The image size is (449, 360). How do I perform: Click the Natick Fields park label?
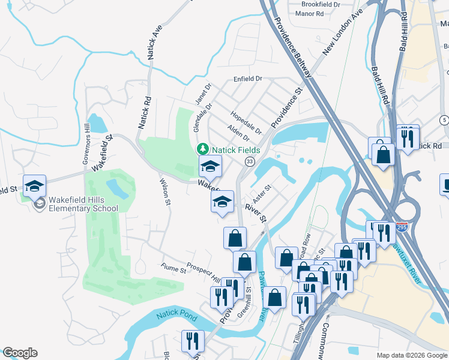pos(235,149)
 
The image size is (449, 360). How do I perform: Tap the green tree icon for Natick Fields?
pos(203,149)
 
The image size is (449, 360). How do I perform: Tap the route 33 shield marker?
pos(249,161)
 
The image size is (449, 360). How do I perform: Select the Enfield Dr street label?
pos(247,79)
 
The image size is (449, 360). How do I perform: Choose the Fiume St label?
pos(173,269)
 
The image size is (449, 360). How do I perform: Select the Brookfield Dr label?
pos(321,4)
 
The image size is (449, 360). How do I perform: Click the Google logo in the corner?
pos(19,353)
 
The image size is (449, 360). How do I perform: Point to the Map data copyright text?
pos(412,355)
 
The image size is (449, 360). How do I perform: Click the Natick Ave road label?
pos(154,41)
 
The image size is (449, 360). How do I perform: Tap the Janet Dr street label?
pos(200,93)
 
